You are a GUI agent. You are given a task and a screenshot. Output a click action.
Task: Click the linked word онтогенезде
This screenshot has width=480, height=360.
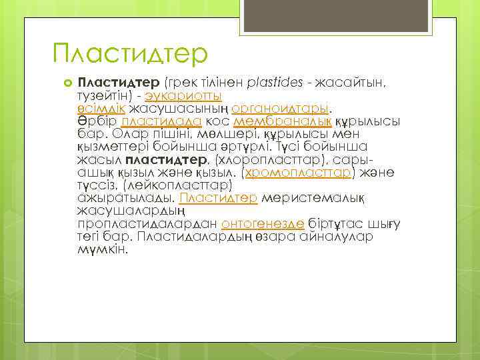263,224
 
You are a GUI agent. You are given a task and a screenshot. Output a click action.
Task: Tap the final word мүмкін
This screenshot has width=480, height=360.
102,249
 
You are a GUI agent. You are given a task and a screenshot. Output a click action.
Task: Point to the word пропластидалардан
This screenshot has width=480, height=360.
147,224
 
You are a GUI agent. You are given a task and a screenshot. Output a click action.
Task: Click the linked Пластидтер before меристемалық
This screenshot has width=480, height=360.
219,198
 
